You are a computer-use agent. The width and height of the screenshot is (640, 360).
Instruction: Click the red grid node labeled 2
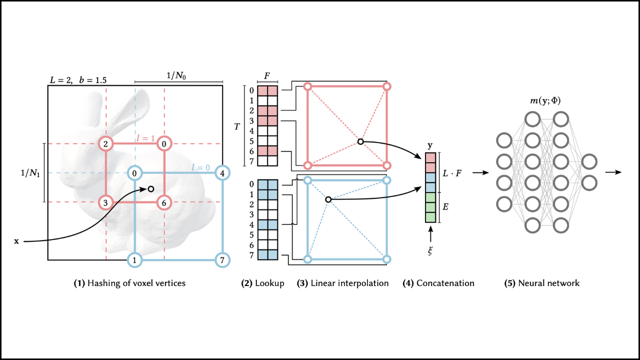click(106, 144)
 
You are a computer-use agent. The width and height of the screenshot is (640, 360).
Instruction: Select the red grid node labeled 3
click(106, 202)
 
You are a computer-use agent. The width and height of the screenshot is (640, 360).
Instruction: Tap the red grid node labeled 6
click(164, 202)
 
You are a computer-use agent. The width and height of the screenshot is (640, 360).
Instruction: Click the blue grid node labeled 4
click(222, 173)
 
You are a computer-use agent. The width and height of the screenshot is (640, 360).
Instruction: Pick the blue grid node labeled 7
click(222, 260)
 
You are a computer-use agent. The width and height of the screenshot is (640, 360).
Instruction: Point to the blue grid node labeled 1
click(134, 260)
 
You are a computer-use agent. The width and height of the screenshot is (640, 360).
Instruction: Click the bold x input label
click(16, 241)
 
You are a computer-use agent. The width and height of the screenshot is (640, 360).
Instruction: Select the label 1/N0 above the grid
click(178, 76)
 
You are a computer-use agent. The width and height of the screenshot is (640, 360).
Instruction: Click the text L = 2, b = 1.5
click(77, 79)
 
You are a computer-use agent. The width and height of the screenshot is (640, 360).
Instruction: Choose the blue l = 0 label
click(201, 167)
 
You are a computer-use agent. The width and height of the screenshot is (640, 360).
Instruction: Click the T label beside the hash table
click(237, 126)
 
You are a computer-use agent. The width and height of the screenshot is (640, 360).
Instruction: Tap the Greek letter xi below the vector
click(429, 250)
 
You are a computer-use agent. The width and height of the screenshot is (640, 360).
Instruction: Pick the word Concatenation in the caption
click(445, 283)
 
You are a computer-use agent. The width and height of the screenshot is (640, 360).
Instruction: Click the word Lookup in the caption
click(269, 283)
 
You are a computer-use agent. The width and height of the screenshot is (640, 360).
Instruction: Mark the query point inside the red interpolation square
click(360, 141)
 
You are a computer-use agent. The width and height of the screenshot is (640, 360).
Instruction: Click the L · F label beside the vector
click(452, 173)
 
